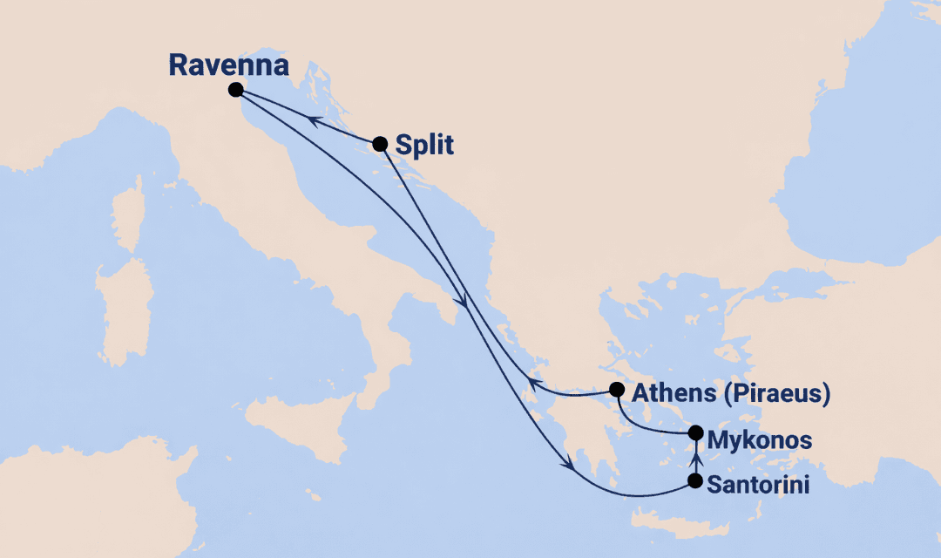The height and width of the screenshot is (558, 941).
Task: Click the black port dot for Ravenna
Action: tap(234, 89)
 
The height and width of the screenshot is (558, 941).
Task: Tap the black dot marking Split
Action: tap(379, 144)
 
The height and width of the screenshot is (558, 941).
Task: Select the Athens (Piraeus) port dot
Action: tap(617, 390)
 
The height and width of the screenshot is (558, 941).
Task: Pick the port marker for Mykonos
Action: tap(695, 432)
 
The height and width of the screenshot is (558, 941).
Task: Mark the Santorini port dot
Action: tap(695, 480)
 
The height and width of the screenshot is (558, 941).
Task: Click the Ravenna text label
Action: tap(227, 65)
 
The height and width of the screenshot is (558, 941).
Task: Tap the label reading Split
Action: tap(424, 145)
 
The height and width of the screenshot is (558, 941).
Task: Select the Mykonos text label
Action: tap(759, 439)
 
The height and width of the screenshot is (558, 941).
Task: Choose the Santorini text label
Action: tap(757, 485)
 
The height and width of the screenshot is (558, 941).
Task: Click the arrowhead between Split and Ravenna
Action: tap(315, 121)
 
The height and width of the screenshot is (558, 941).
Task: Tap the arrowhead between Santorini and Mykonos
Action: tap(695, 456)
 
